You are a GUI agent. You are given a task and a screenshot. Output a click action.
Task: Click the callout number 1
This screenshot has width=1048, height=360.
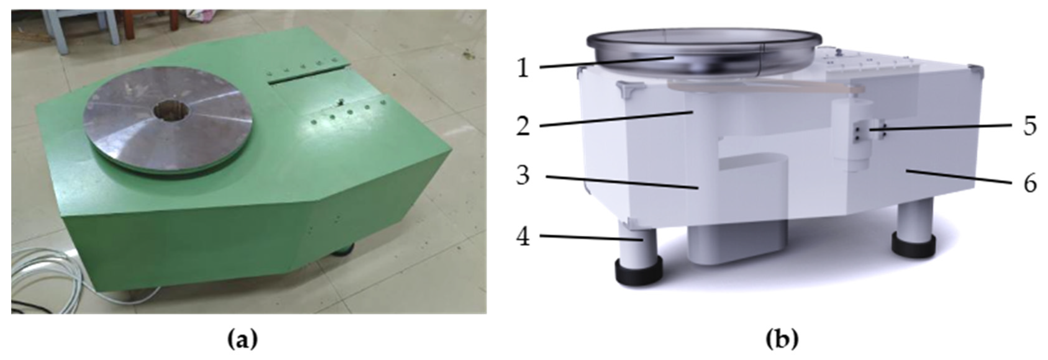point(523,68)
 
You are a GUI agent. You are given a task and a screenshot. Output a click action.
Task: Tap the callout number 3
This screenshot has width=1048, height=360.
point(523,175)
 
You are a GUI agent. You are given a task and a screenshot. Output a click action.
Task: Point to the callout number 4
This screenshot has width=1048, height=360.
point(523,236)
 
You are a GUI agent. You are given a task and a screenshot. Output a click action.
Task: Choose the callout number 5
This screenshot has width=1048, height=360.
point(1030,126)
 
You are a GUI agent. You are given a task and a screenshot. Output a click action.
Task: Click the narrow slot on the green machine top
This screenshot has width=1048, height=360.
point(309,74)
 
